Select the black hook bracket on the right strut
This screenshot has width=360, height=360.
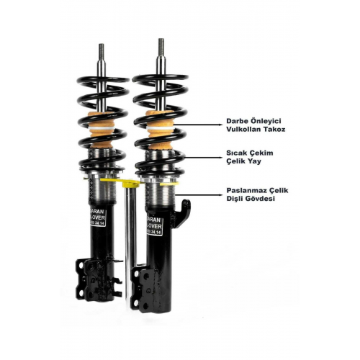pos(186,211)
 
